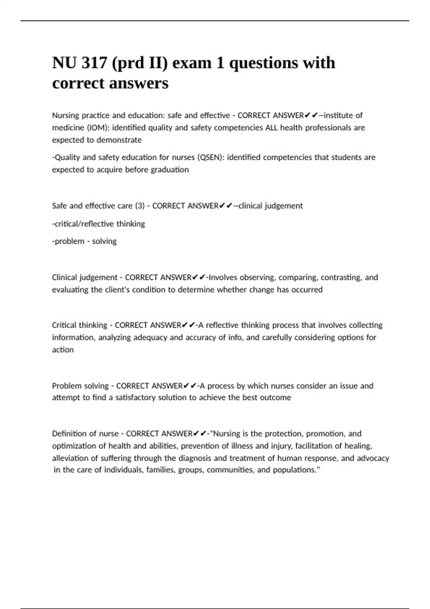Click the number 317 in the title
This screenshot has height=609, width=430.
pos(95,63)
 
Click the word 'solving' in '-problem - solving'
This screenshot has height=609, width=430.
pos(104,241)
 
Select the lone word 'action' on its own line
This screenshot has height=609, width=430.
pos(63,350)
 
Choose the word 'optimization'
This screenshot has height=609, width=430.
pos(74,446)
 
